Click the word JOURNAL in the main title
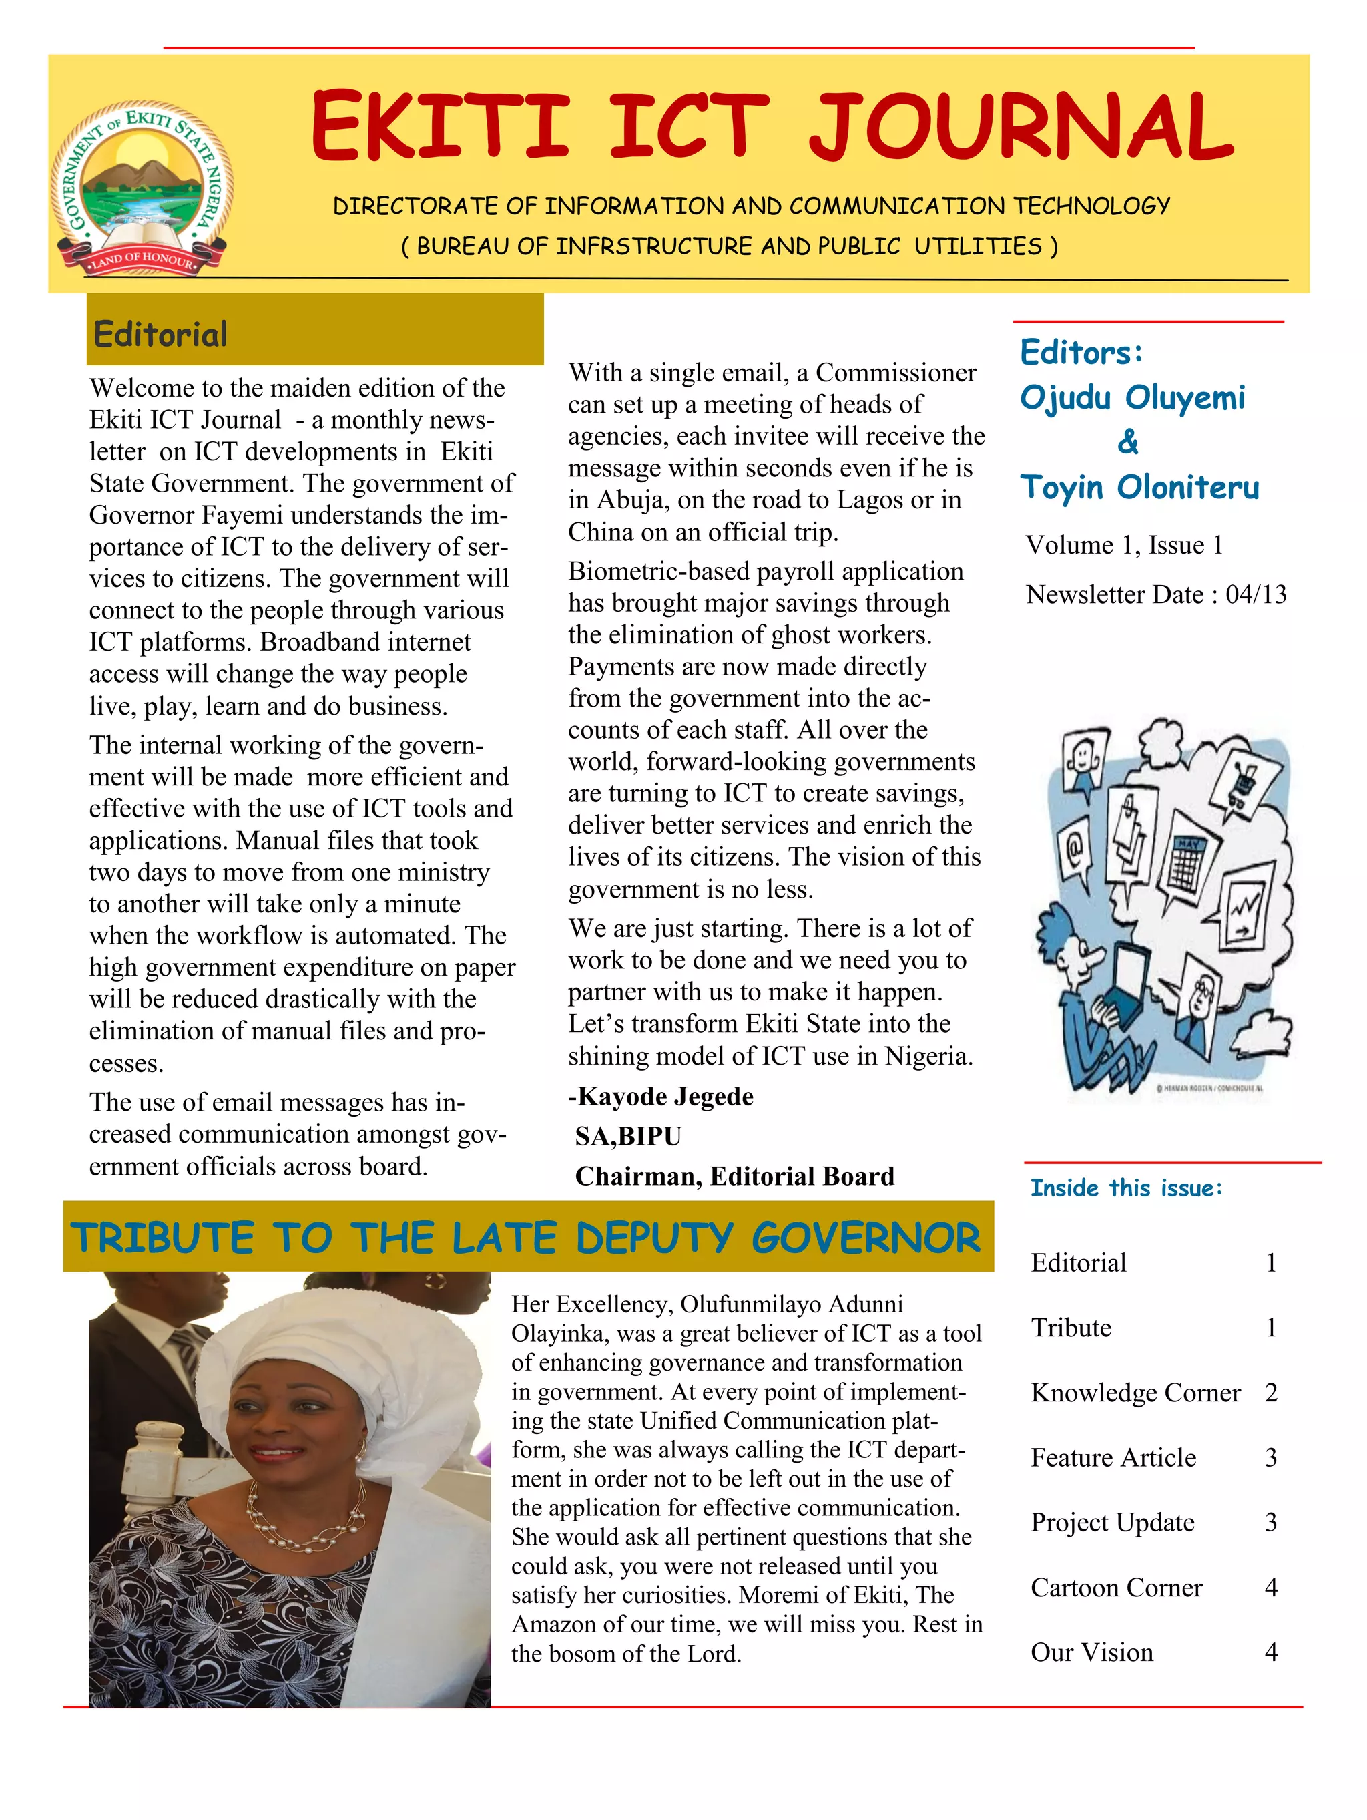click(x=1020, y=128)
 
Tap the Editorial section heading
click(x=160, y=335)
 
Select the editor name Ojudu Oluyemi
click(x=1132, y=398)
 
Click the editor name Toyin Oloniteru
click(x=1139, y=487)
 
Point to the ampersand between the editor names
click(x=1127, y=443)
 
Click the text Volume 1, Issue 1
click(x=1123, y=545)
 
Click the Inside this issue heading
click(x=1126, y=1188)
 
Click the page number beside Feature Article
click(x=1271, y=1458)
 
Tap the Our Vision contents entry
click(x=1091, y=1653)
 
